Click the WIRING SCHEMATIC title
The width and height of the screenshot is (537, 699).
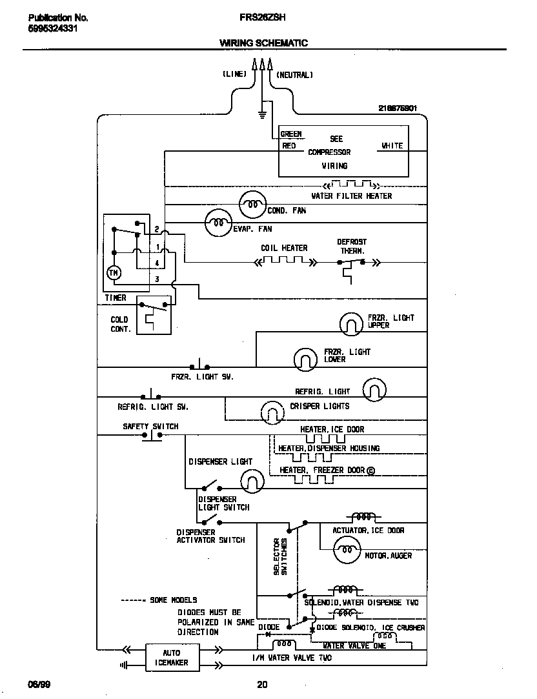tap(263, 43)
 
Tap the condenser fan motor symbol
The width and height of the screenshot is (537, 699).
tap(252, 207)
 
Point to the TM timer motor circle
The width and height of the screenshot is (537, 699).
tap(114, 273)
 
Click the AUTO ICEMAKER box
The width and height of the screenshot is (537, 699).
tap(171, 658)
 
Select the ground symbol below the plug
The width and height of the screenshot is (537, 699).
tap(262, 116)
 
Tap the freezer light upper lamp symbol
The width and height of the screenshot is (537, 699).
tap(352, 323)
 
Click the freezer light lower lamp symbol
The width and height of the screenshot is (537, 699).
tap(306, 359)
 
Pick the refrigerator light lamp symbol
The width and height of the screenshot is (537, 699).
tap(374, 390)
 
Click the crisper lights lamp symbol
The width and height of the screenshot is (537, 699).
tap(272, 410)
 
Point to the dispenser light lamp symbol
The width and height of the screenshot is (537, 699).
tap(252, 480)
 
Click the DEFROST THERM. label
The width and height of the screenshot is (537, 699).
tap(352, 247)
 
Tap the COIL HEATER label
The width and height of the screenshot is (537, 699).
tap(284, 248)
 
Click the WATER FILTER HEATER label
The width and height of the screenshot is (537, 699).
tap(352, 196)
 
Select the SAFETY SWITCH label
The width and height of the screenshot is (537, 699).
tap(150, 427)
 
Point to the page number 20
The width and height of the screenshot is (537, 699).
tap(262, 685)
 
